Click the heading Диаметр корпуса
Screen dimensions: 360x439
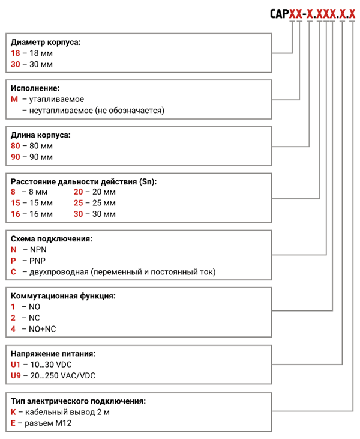pyautogui.click(x=46, y=42)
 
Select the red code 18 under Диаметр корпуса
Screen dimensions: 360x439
pyautogui.click(x=16, y=53)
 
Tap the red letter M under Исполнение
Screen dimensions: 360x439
pyautogui.click(x=14, y=99)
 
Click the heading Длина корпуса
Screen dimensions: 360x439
pyautogui.click(x=41, y=135)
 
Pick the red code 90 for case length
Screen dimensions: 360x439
pyautogui.click(x=16, y=157)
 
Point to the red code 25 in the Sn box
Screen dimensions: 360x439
pyautogui.click(x=79, y=203)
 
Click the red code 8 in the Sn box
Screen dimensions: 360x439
pyautogui.click(x=13, y=192)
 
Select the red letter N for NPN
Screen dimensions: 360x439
pyautogui.click(x=14, y=249)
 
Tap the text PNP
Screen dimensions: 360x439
pyautogui.click(x=37, y=261)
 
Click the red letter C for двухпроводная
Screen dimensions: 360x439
pyautogui.click(x=13, y=272)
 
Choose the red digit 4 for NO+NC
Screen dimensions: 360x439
pyautogui.click(x=13, y=329)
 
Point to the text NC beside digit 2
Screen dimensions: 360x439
pyautogui.click(x=34, y=318)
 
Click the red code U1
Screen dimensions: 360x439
pyautogui.click(x=16, y=365)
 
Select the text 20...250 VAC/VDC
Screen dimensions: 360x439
pyautogui.click(x=62, y=375)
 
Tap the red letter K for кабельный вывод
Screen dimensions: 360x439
pyautogui.click(x=13, y=412)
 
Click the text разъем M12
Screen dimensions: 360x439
pyautogui.click(x=48, y=423)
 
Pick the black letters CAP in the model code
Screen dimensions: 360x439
pyautogui.click(x=279, y=14)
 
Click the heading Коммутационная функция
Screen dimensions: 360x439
pyautogui.click(x=63, y=296)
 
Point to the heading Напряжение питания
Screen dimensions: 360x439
pyautogui.click(x=53, y=354)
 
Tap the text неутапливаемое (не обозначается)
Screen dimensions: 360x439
pyautogui.click(x=97, y=111)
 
